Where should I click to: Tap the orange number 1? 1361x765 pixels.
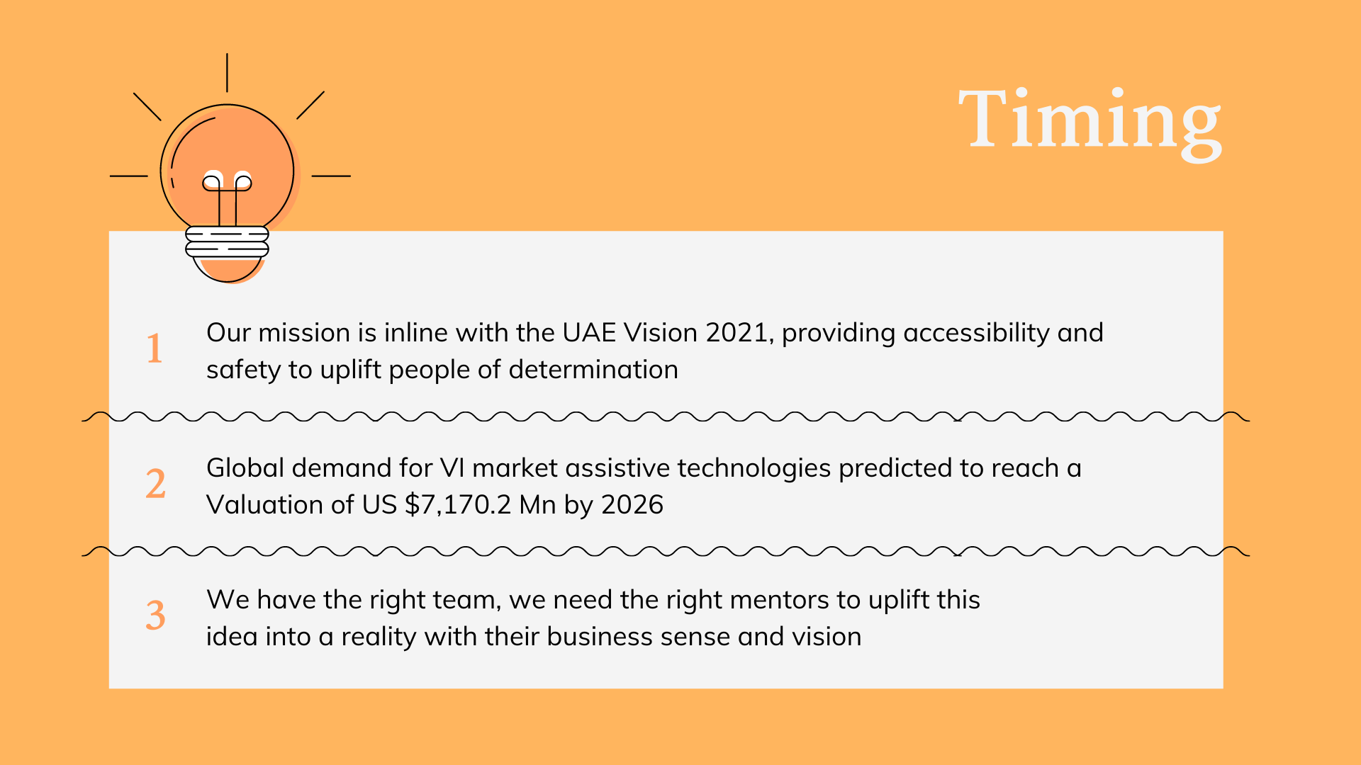coord(155,348)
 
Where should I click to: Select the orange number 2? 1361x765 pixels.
coord(156,484)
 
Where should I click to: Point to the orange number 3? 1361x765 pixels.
coord(156,615)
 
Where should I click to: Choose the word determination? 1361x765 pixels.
coord(593,370)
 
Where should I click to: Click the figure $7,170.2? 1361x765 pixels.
coord(458,505)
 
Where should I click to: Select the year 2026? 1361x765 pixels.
coord(632,505)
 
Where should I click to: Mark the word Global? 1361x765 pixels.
coord(245,468)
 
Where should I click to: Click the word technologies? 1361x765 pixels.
coord(754,469)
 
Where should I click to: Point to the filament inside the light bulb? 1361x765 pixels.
coord(227,198)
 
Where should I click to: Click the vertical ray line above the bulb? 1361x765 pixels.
coord(227,72)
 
